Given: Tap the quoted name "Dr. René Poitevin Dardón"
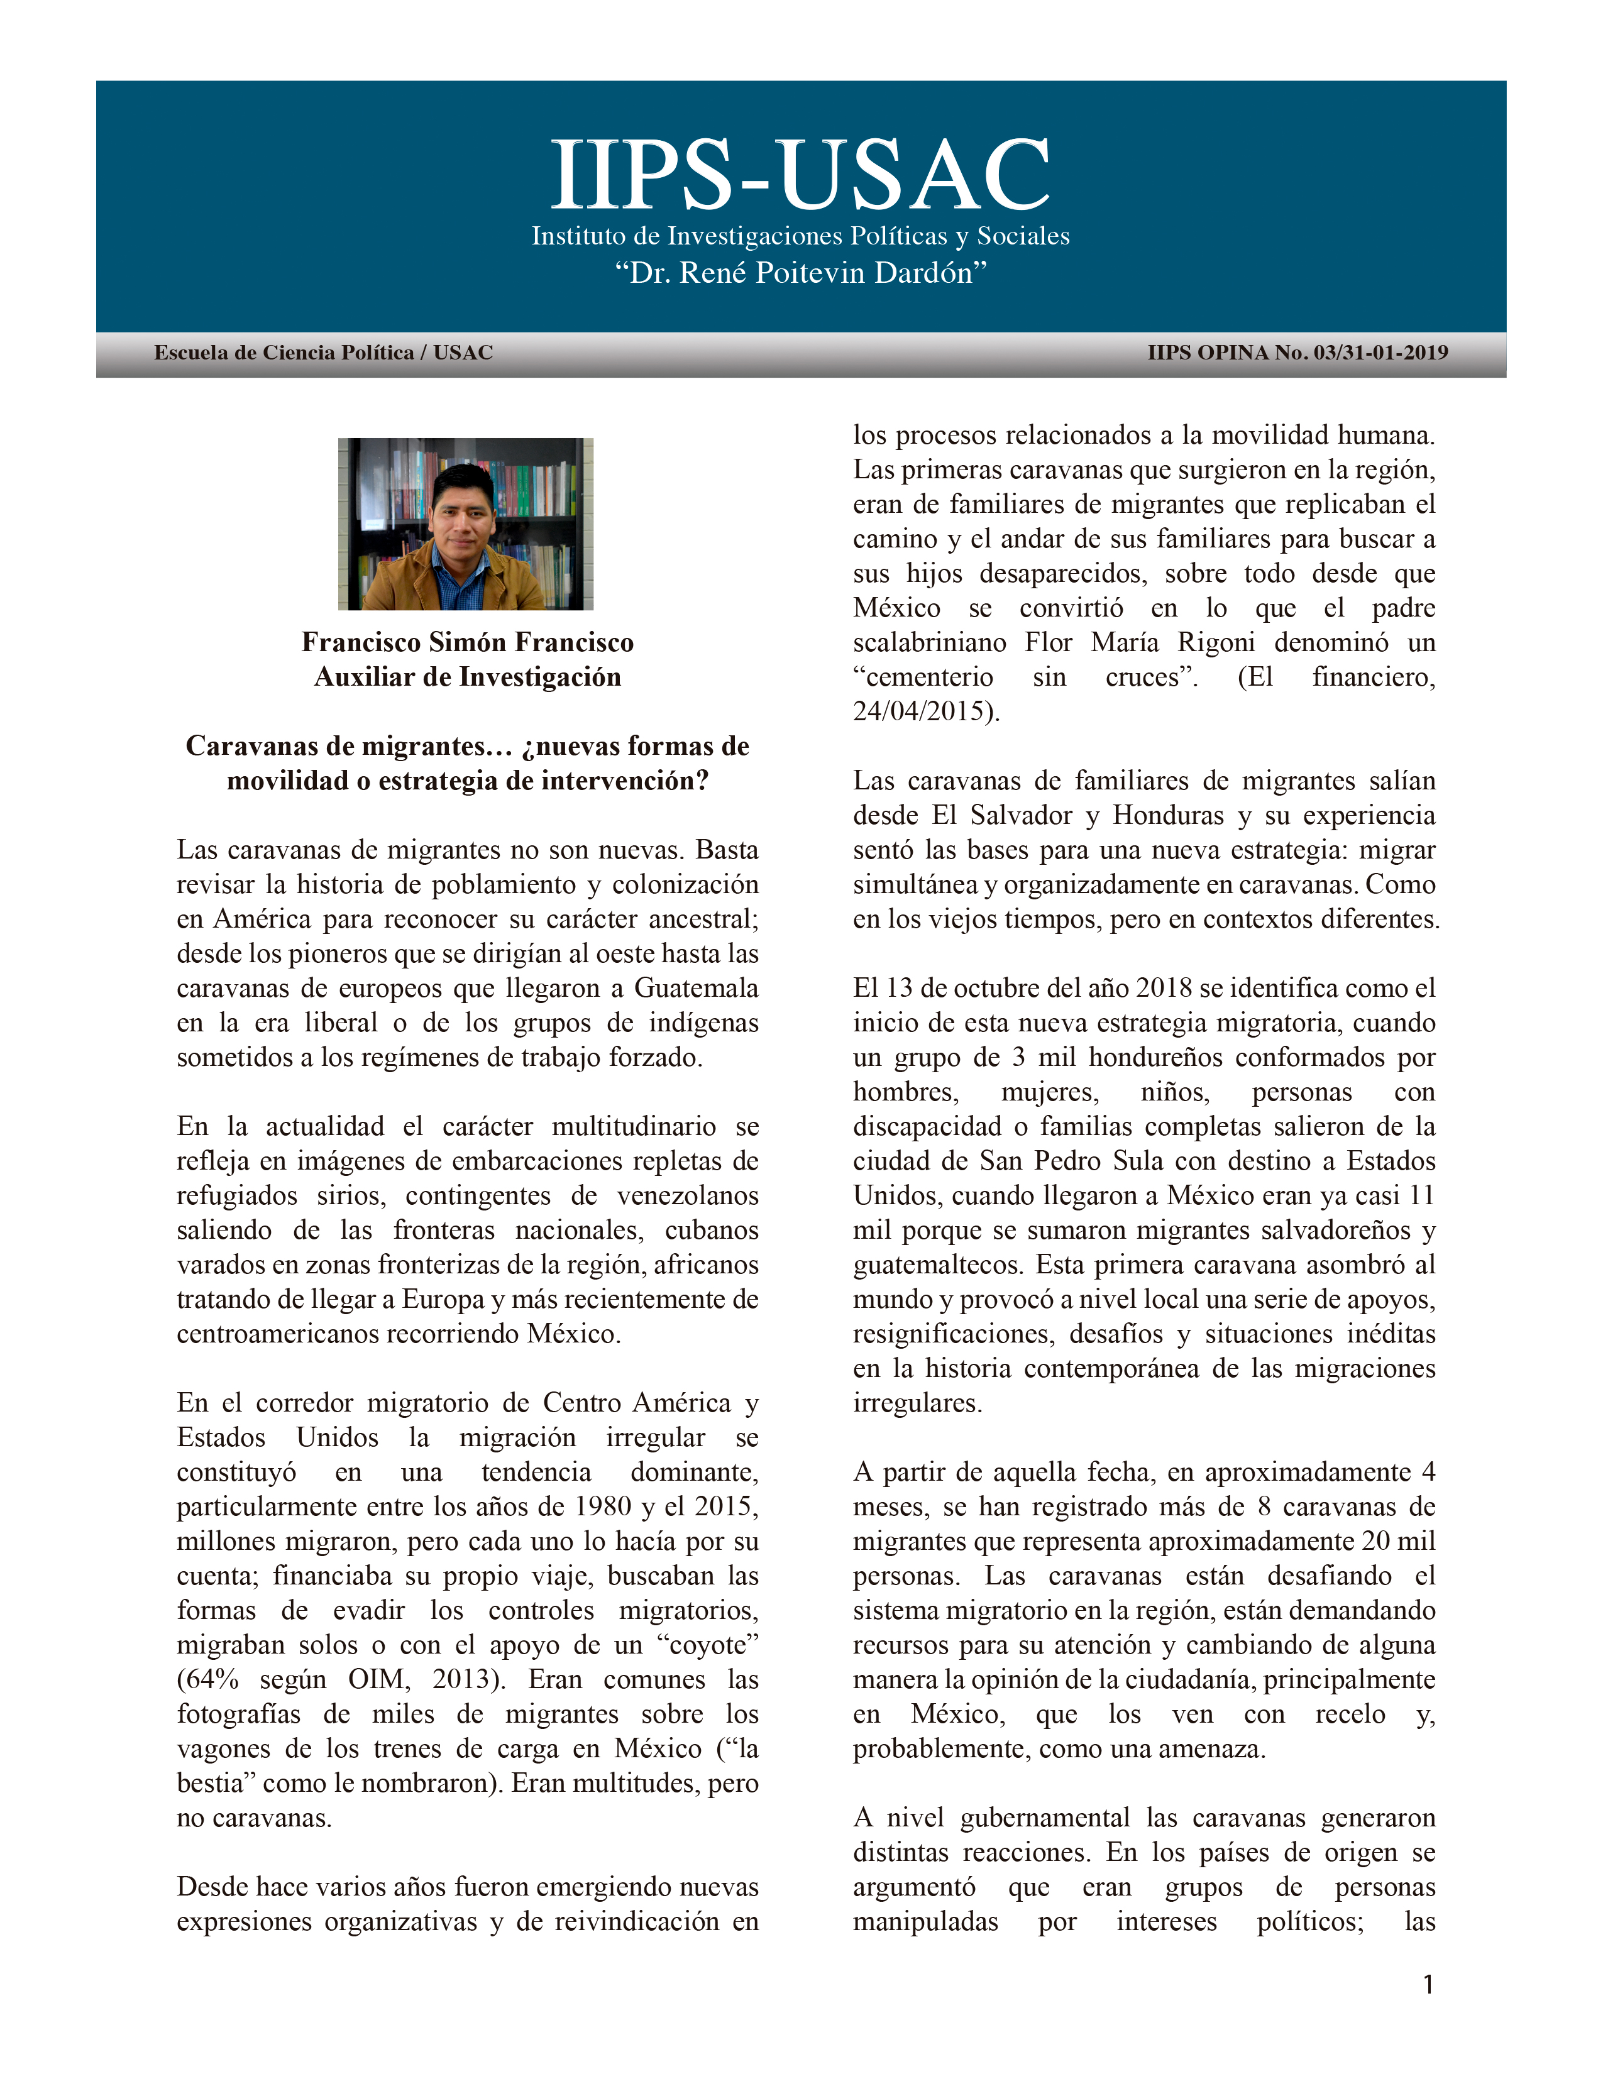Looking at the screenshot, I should click(800, 273).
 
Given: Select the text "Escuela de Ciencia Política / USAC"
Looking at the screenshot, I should click(323, 353).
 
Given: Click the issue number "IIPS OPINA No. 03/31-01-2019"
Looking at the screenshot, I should click(1297, 353).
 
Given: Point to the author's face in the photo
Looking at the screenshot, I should click(463, 513).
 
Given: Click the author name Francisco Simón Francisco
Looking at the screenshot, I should click(467, 643).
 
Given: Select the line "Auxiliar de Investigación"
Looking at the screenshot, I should click(467, 677).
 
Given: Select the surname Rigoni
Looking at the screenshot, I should click(1216, 643).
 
